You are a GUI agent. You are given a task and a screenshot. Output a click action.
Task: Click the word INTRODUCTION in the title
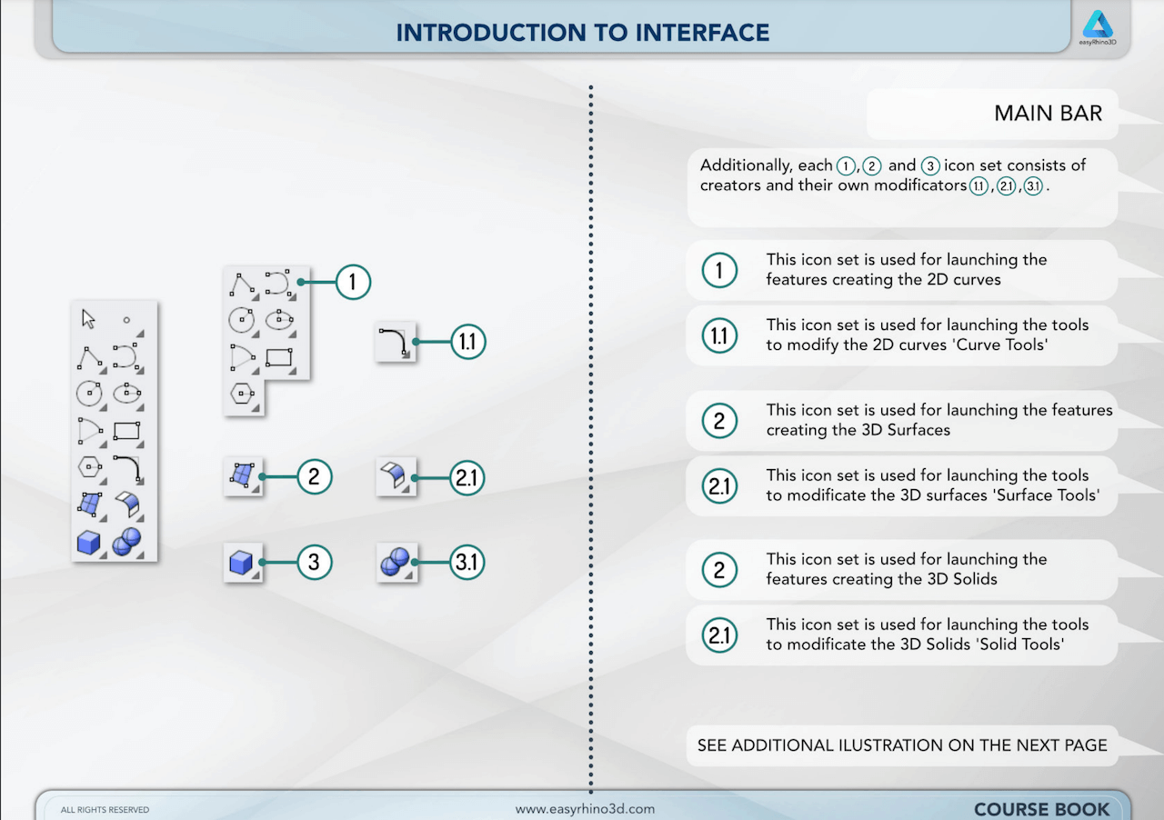pos(490,33)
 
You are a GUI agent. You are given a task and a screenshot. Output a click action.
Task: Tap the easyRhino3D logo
pos(1098,27)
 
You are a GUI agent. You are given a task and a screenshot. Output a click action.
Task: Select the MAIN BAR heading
pos(1048,114)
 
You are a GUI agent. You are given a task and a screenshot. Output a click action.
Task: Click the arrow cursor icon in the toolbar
pos(88,319)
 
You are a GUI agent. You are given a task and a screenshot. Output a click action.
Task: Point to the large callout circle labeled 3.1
pos(467,562)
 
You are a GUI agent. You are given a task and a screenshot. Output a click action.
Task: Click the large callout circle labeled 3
pos(314,562)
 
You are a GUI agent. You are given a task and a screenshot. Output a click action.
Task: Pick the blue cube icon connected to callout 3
pos(241,563)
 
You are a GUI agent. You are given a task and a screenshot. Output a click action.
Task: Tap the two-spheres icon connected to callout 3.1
pos(396,562)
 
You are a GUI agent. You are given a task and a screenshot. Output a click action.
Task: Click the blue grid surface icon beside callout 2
pos(242,475)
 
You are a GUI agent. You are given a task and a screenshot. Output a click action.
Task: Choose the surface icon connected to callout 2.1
pos(394,475)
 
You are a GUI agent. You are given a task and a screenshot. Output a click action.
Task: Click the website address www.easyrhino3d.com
pos(585,809)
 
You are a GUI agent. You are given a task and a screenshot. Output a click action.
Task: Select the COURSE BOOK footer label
pos(1041,809)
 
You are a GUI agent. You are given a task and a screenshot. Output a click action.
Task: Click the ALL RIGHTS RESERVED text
pos(105,810)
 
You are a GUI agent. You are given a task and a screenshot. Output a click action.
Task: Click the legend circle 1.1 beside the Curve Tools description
pos(719,335)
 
